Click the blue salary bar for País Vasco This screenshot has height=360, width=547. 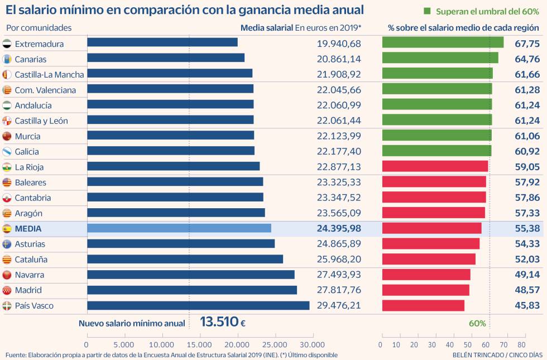pyautogui.click(x=198, y=305)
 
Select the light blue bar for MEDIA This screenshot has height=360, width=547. pyautogui.click(x=179, y=228)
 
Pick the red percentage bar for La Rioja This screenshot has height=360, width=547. pyautogui.click(x=435, y=167)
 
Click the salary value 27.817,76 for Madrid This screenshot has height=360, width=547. pyautogui.click(x=339, y=290)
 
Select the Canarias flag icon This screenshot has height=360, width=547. pyautogui.click(x=7, y=59)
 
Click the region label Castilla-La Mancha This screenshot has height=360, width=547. pyautogui.click(x=49, y=75)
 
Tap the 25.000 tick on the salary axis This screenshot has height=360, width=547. pyautogui.click(x=275, y=344)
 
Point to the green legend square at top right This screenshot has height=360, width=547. pyautogui.click(x=428, y=11)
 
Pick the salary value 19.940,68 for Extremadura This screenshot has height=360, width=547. pyautogui.click(x=339, y=44)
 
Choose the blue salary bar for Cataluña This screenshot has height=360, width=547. pyautogui.click(x=185, y=259)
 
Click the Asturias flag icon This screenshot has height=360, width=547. pyautogui.click(x=7, y=244)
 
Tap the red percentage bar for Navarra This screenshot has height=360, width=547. pyautogui.click(x=426, y=275)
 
